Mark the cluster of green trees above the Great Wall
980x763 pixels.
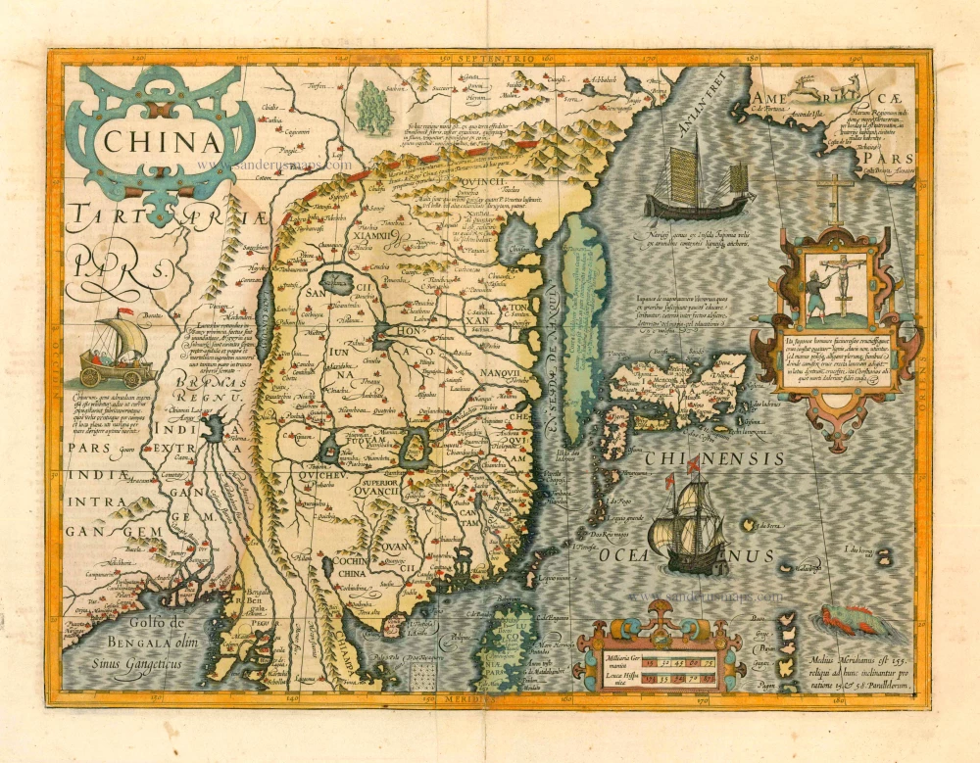pyautogui.click(x=375, y=107)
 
